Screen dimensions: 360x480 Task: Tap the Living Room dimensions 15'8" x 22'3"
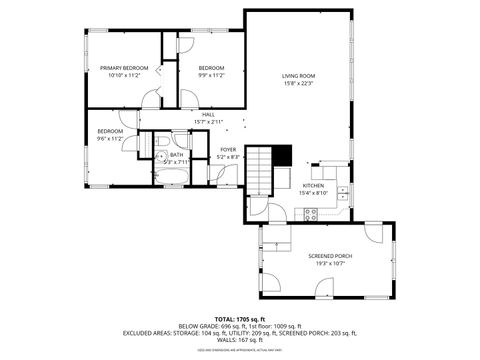[298, 83]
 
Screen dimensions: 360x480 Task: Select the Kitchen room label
[314, 186]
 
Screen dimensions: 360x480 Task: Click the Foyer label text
[228, 150]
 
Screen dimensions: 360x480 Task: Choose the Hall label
[208, 115]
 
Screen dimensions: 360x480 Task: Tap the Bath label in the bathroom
[176, 154]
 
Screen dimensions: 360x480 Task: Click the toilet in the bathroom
[160, 155]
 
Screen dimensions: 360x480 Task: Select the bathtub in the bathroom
[174, 178]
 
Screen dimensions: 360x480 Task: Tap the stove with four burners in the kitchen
[311, 211]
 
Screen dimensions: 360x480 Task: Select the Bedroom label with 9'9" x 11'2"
[210, 68]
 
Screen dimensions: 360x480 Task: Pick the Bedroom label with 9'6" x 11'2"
[110, 132]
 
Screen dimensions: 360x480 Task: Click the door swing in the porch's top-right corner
[372, 234]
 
